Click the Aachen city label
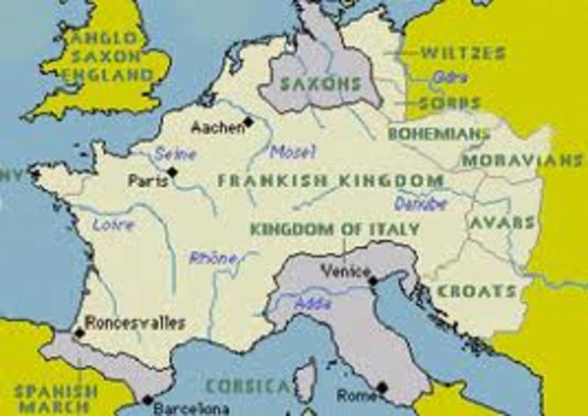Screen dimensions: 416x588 (x=218, y=124)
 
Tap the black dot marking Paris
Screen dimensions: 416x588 (x=172, y=172)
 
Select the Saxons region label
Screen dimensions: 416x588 (x=319, y=82)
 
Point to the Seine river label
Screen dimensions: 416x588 (x=175, y=153)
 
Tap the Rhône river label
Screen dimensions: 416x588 (x=213, y=258)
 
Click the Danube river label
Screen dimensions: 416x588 (x=421, y=203)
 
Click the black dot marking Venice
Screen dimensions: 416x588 (x=372, y=279)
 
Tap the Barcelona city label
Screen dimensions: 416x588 (x=192, y=406)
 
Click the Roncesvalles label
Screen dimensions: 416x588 (x=134, y=322)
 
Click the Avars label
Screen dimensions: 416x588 (x=502, y=223)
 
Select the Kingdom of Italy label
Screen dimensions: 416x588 (x=335, y=229)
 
